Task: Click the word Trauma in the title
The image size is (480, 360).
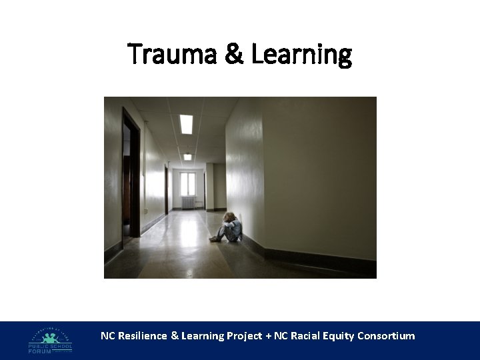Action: coord(172,54)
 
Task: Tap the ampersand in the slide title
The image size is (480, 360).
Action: coord(234,54)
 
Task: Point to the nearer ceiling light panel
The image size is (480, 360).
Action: coord(186,123)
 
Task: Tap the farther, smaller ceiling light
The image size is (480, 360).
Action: coord(188,157)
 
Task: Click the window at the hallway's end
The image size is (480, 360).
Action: coord(188,183)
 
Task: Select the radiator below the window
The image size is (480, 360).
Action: coord(189,203)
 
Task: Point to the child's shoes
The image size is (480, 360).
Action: coord(214,238)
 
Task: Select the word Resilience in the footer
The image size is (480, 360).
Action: coord(143,336)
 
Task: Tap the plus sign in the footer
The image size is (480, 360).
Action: coord(268,336)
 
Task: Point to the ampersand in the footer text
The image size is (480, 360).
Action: coord(175,336)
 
